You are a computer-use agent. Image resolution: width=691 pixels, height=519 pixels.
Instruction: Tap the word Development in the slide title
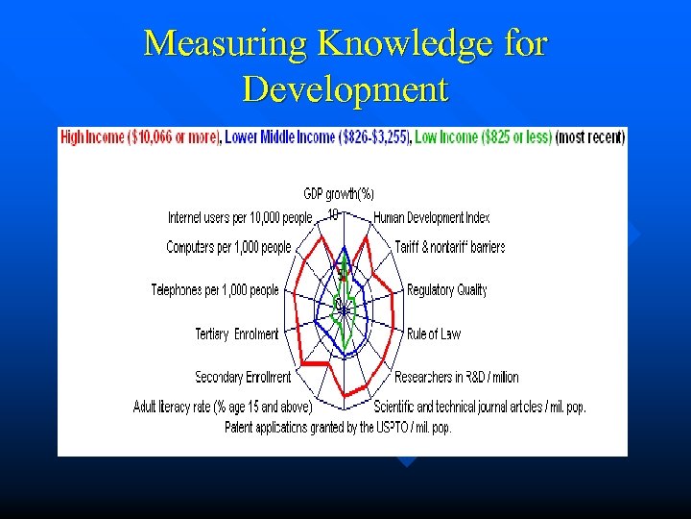click(345, 88)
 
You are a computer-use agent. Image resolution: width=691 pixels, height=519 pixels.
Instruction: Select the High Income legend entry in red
click(140, 137)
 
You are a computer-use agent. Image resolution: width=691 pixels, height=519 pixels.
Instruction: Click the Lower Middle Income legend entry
click(317, 137)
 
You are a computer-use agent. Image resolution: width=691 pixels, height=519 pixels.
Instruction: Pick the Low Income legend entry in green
click(483, 137)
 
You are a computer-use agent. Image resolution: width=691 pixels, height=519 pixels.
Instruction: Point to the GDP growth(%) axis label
click(339, 193)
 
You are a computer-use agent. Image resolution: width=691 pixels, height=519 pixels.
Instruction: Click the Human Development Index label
click(432, 218)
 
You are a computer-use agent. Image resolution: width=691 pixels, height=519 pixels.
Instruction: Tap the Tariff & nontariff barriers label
click(450, 247)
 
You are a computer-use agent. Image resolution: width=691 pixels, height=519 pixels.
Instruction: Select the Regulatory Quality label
click(447, 290)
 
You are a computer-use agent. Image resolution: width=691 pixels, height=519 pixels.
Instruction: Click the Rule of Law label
click(434, 334)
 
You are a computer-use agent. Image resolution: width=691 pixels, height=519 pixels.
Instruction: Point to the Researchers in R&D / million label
click(457, 377)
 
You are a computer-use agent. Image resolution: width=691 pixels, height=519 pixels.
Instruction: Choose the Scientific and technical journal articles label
click(480, 407)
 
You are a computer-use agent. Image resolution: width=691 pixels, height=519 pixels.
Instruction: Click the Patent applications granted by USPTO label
click(338, 426)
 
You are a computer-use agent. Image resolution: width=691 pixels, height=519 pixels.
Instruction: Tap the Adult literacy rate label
click(223, 407)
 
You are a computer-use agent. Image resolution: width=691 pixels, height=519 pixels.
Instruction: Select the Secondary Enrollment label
click(243, 377)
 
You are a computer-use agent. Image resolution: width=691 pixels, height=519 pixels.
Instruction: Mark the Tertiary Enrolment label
click(237, 334)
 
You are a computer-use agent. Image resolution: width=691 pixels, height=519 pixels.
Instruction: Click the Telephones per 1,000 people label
click(215, 290)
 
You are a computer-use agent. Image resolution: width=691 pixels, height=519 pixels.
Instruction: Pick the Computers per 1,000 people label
click(228, 247)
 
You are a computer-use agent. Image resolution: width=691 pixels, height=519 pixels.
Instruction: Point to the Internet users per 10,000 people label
click(241, 218)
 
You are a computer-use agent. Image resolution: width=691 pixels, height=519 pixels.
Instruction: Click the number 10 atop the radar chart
click(333, 213)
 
